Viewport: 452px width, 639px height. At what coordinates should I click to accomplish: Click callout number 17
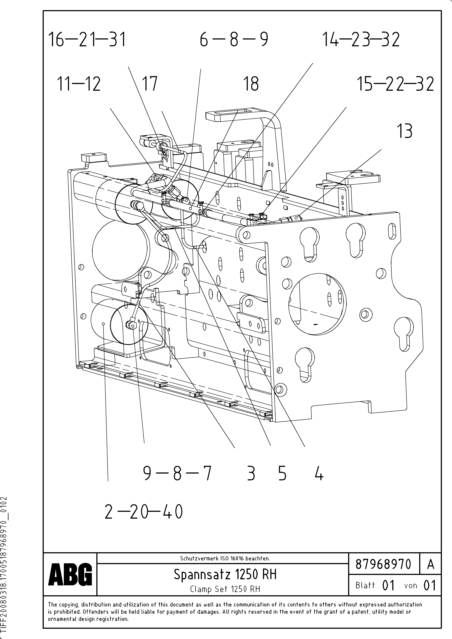(x=150, y=84)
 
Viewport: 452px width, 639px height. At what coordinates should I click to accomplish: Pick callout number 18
(x=251, y=84)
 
